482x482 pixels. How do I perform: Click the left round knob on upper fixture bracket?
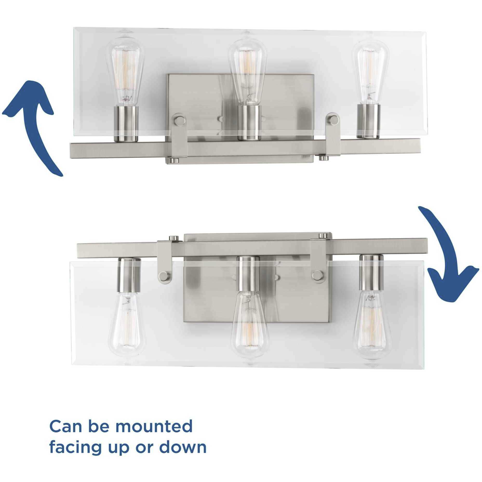[x=179, y=120]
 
